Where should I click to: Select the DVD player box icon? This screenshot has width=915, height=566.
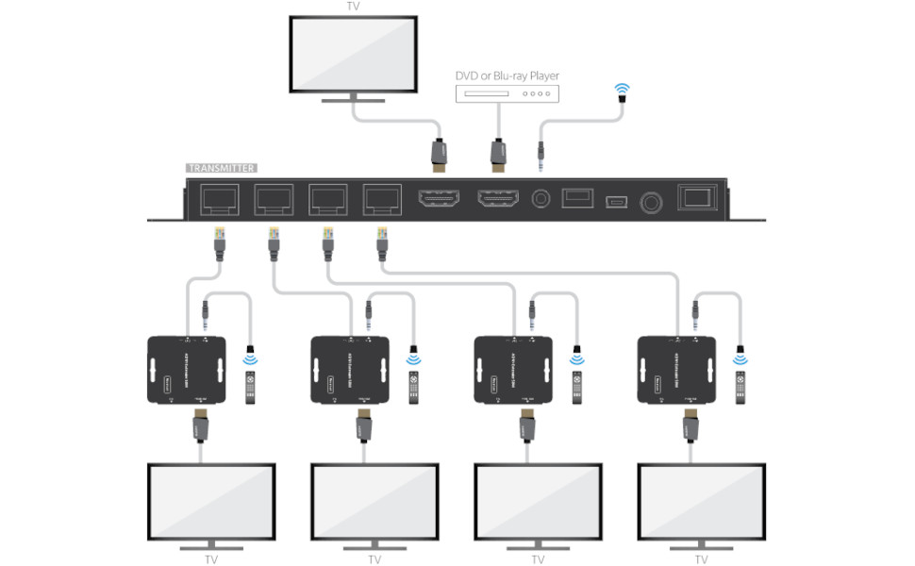(x=507, y=93)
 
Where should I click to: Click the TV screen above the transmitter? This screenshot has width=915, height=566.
(x=353, y=54)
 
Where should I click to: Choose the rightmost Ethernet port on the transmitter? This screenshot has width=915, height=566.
(x=382, y=200)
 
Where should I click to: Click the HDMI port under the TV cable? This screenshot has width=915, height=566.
(x=439, y=200)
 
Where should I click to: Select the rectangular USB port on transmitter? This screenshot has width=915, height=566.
(x=576, y=199)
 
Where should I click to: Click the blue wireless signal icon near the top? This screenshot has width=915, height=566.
(x=622, y=92)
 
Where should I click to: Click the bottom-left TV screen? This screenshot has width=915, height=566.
(x=211, y=501)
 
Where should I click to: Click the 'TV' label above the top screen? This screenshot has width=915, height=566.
(x=354, y=7)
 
